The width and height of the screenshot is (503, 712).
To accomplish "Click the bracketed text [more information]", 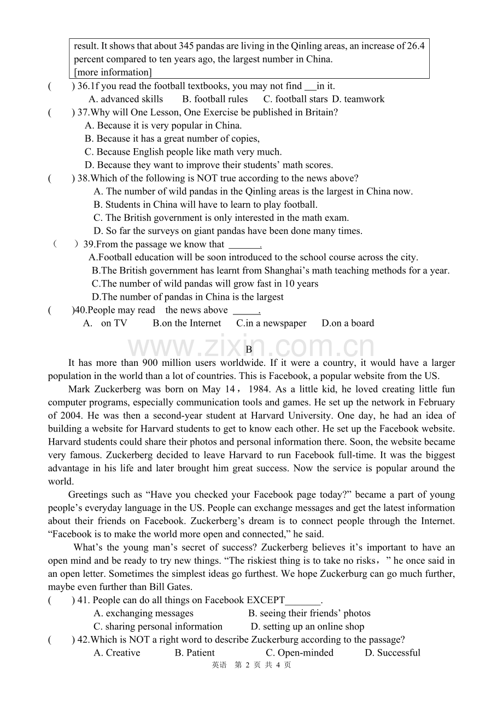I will (113, 72).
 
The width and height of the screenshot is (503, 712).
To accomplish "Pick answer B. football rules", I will (215, 99).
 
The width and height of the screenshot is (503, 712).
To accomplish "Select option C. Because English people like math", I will (183, 152).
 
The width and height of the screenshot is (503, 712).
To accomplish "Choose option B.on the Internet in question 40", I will (187, 323).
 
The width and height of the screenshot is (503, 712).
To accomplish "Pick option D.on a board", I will (348, 323).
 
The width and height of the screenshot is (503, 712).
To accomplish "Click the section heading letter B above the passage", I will (249, 349).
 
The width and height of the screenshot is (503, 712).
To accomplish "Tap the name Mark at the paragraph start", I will (80, 389).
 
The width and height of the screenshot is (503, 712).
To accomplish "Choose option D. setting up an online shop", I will (307, 627).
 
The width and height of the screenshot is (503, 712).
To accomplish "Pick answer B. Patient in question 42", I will (195, 653).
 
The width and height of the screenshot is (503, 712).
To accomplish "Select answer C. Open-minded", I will (300, 653).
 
